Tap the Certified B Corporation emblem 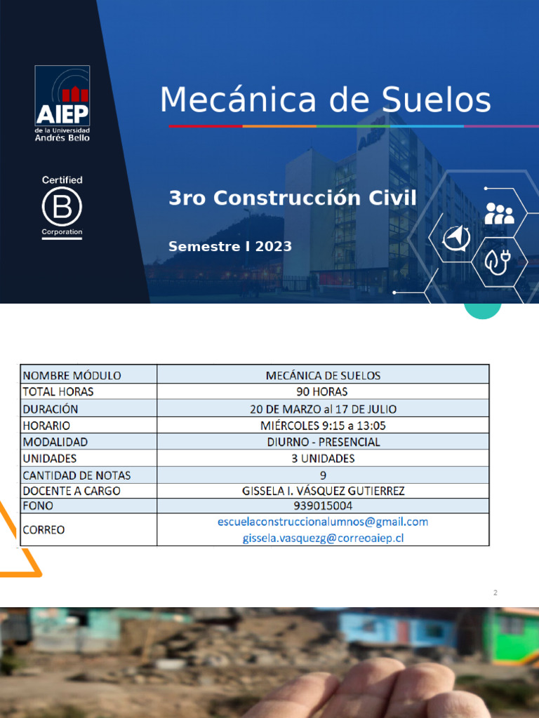pos(62,207)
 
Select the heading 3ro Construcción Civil pos(292,198)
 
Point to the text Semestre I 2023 pos(230,246)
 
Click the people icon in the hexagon pos(499,213)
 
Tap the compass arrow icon pos(456,238)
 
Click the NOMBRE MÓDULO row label pos(72,375)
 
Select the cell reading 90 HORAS pos(322,391)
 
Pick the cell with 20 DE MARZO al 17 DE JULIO pos(323,408)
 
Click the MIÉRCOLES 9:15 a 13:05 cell pos(323,425)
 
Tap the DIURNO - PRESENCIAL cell pos(323,442)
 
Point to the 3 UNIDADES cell pos(323,459)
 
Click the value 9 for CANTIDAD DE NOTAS pos(323,475)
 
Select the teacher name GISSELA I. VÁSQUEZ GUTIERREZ pos(323,491)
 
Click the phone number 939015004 pos(323,506)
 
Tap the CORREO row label pos(44,529)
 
